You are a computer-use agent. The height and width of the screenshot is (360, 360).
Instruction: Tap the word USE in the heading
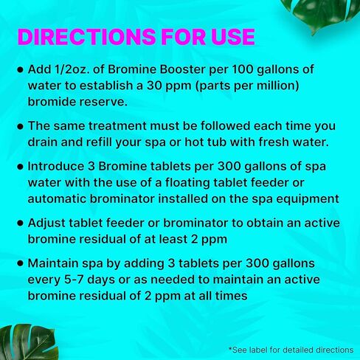[233, 37]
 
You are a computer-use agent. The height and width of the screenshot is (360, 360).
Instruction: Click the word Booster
[183, 69]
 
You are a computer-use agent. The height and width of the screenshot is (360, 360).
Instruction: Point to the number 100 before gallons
[242, 69]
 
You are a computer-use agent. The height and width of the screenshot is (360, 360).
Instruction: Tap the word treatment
[117, 126]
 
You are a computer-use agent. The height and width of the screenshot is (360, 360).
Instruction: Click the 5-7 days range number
[74, 280]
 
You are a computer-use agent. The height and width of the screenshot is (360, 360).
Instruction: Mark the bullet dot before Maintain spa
[21, 263]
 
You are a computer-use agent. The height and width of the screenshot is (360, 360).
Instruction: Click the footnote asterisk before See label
[230, 348]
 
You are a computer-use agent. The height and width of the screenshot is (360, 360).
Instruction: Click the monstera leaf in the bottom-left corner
[28, 342]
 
